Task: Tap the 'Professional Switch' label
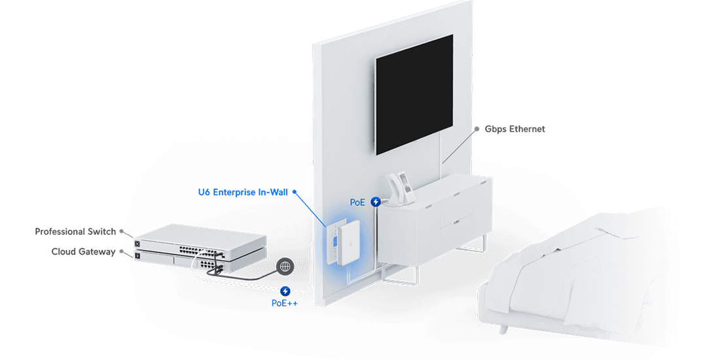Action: click(x=75, y=232)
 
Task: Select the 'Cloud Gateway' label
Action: click(x=83, y=251)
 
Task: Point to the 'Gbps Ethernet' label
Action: click(x=514, y=129)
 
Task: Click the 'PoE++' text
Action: click(x=285, y=303)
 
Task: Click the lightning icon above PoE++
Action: click(x=285, y=291)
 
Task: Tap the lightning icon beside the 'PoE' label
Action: click(x=376, y=202)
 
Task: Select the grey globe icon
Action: click(x=285, y=266)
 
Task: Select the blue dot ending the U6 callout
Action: click(x=295, y=192)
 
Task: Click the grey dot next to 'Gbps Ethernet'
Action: click(x=478, y=129)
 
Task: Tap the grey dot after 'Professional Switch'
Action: click(x=122, y=232)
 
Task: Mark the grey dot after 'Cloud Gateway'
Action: click(x=121, y=251)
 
